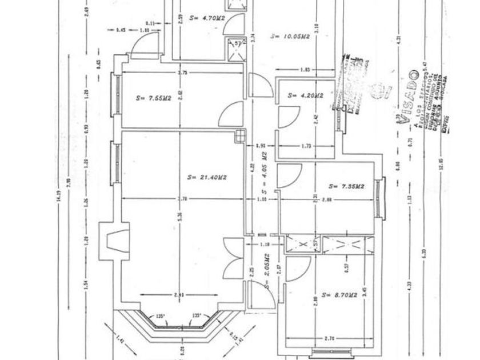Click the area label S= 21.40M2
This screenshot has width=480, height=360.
click(x=207, y=178)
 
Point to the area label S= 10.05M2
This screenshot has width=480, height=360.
click(x=290, y=35)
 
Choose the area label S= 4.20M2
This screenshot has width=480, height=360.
click(x=306, y=95)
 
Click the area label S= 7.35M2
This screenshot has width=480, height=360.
click(x=347, y=186)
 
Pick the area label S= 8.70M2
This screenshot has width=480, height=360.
click(x=340, y=295)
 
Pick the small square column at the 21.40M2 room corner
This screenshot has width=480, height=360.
click(x=240, y=136)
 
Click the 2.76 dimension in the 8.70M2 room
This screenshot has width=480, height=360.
click(x=329, y=339)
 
